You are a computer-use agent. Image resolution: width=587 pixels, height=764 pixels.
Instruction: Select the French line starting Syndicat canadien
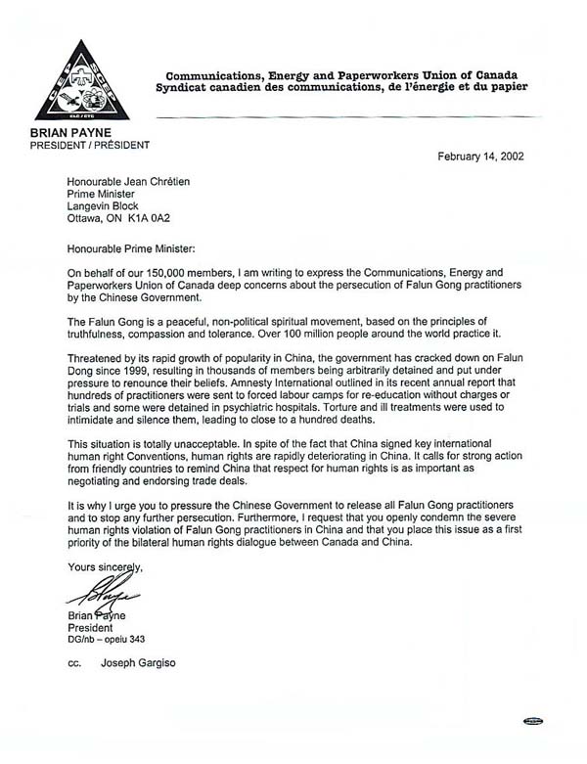pos(350,88)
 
